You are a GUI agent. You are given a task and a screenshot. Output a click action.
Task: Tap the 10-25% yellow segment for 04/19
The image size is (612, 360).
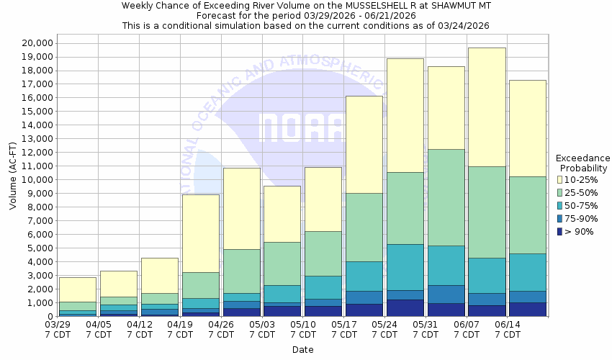coord(200,233)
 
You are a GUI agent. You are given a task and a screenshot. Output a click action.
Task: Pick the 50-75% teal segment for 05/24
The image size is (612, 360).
coord(405,267)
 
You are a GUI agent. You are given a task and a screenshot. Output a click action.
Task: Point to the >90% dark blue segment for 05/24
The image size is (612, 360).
coord(405,307)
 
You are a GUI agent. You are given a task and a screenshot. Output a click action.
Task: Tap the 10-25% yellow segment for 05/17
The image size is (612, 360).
coord(364,144)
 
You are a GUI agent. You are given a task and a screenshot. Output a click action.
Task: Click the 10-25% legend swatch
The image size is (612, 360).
coord(560,179)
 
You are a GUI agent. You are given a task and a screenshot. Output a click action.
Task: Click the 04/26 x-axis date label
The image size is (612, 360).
coord(222,329)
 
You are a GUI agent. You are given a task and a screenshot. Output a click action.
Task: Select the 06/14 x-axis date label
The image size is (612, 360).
coord(508,329)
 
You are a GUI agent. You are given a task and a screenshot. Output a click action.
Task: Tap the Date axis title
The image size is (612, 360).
coord(302,350)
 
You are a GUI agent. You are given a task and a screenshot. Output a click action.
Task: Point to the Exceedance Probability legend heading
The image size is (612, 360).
coord(583,163)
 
